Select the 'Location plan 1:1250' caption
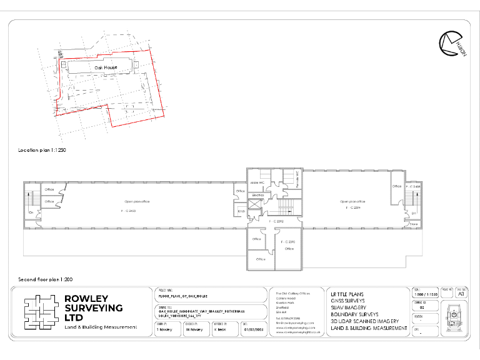tap(42, 151)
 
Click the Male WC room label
tap(258, 182)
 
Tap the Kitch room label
tap(241, 212)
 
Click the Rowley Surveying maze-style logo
tap(42, 312)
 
